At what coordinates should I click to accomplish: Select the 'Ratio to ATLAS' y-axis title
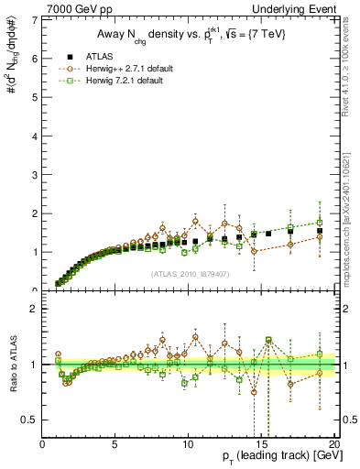(x=12, y=364)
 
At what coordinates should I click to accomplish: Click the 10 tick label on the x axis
(x=188, y=444)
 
